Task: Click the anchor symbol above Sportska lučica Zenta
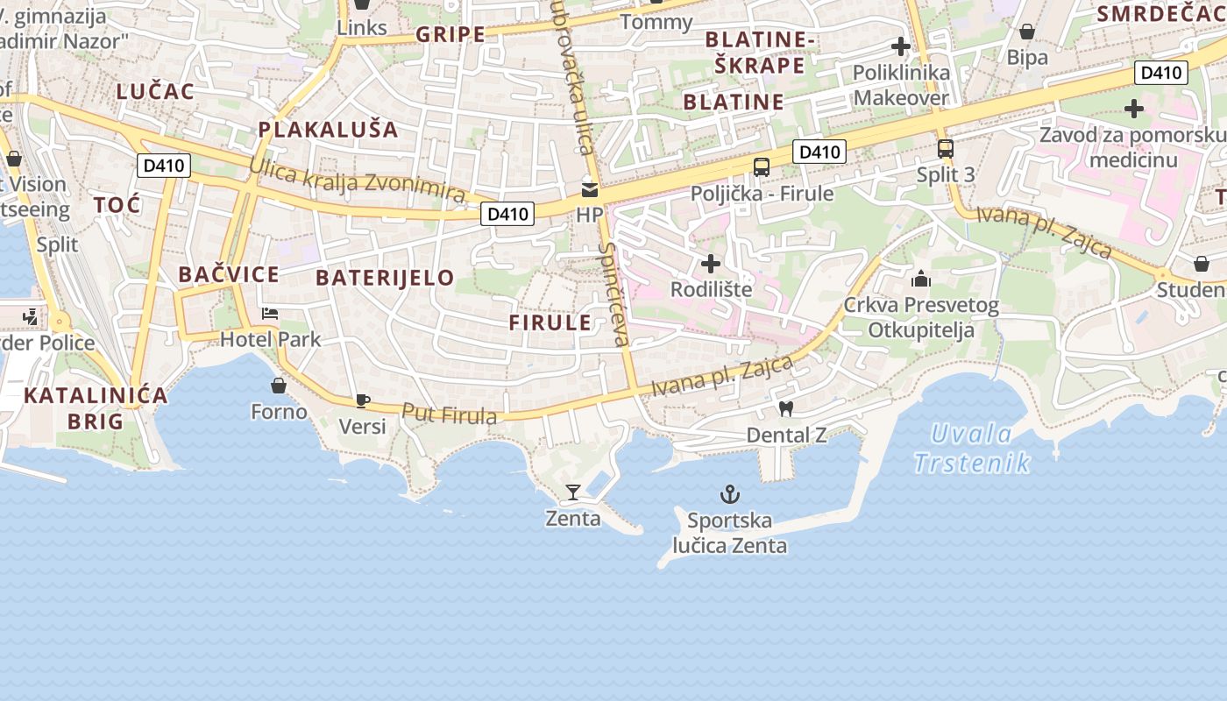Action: point(730,495)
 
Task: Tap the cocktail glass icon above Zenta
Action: point(573,492)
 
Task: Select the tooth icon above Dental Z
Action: point(786,408)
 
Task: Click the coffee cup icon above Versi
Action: point(362,401)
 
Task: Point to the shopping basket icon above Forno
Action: point(279,386)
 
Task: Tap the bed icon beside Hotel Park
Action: point(270,314)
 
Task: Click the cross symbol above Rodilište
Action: point(711,263)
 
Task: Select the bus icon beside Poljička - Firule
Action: point(762,167)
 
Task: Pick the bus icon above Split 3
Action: point(945,149)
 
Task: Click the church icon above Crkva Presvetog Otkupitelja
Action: point(921,280)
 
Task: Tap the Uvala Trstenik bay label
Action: point(971,448)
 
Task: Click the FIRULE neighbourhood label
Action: point(550,322)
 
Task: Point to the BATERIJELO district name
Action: point(385,278)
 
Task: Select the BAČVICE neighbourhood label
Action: point(229,274)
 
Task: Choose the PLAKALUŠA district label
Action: point(328,130)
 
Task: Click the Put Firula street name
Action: point(449,414)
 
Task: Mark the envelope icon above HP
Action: point(590,189)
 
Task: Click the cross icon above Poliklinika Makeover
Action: point(901,46)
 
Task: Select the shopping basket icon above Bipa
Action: point(1027,32)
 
